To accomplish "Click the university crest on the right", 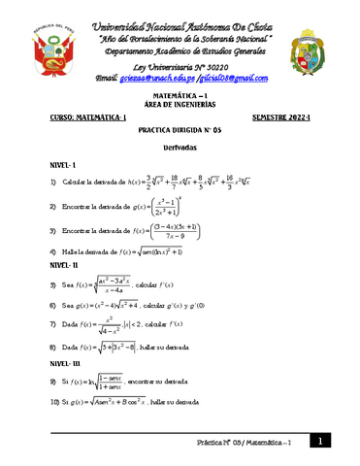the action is (x=316, y=44).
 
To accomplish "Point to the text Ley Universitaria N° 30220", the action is (x=180, y=62).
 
